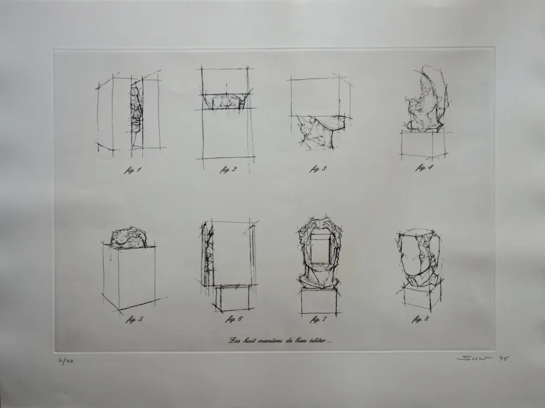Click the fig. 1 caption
pos(132,170)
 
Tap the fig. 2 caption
pos(228,169)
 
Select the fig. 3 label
pos(318,169)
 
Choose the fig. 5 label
pos(134,320)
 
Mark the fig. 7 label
pos(319,320)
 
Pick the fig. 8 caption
pos(420,319)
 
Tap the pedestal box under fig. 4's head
pos(423,145)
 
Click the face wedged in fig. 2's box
pos(225,102)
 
